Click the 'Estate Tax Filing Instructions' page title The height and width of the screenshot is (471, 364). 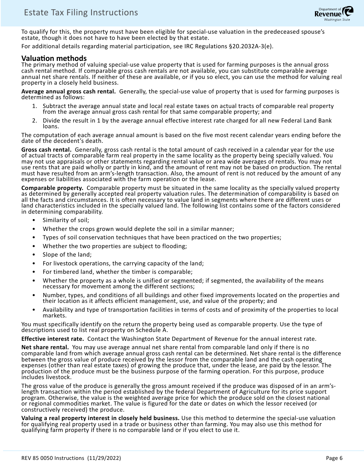(x=81, y=13)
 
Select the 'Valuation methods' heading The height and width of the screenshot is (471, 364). (x=54, y=59)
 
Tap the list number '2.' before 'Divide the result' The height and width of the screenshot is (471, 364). (x=34, y=121)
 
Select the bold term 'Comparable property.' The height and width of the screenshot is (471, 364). (x=52, y=188)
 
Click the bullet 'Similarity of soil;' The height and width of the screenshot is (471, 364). (x=66, y=220)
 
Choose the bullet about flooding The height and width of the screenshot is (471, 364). (x=115, y=246)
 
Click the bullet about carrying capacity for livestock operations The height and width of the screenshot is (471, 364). (x=123, y=263)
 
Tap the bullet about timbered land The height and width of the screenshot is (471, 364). (x=117, y=272)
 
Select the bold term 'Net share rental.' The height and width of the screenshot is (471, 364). (x=45, y=347)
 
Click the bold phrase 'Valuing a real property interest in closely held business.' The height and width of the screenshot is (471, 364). (x=100, y=418)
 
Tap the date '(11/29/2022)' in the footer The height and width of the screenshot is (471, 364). (x=105, y=458)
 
